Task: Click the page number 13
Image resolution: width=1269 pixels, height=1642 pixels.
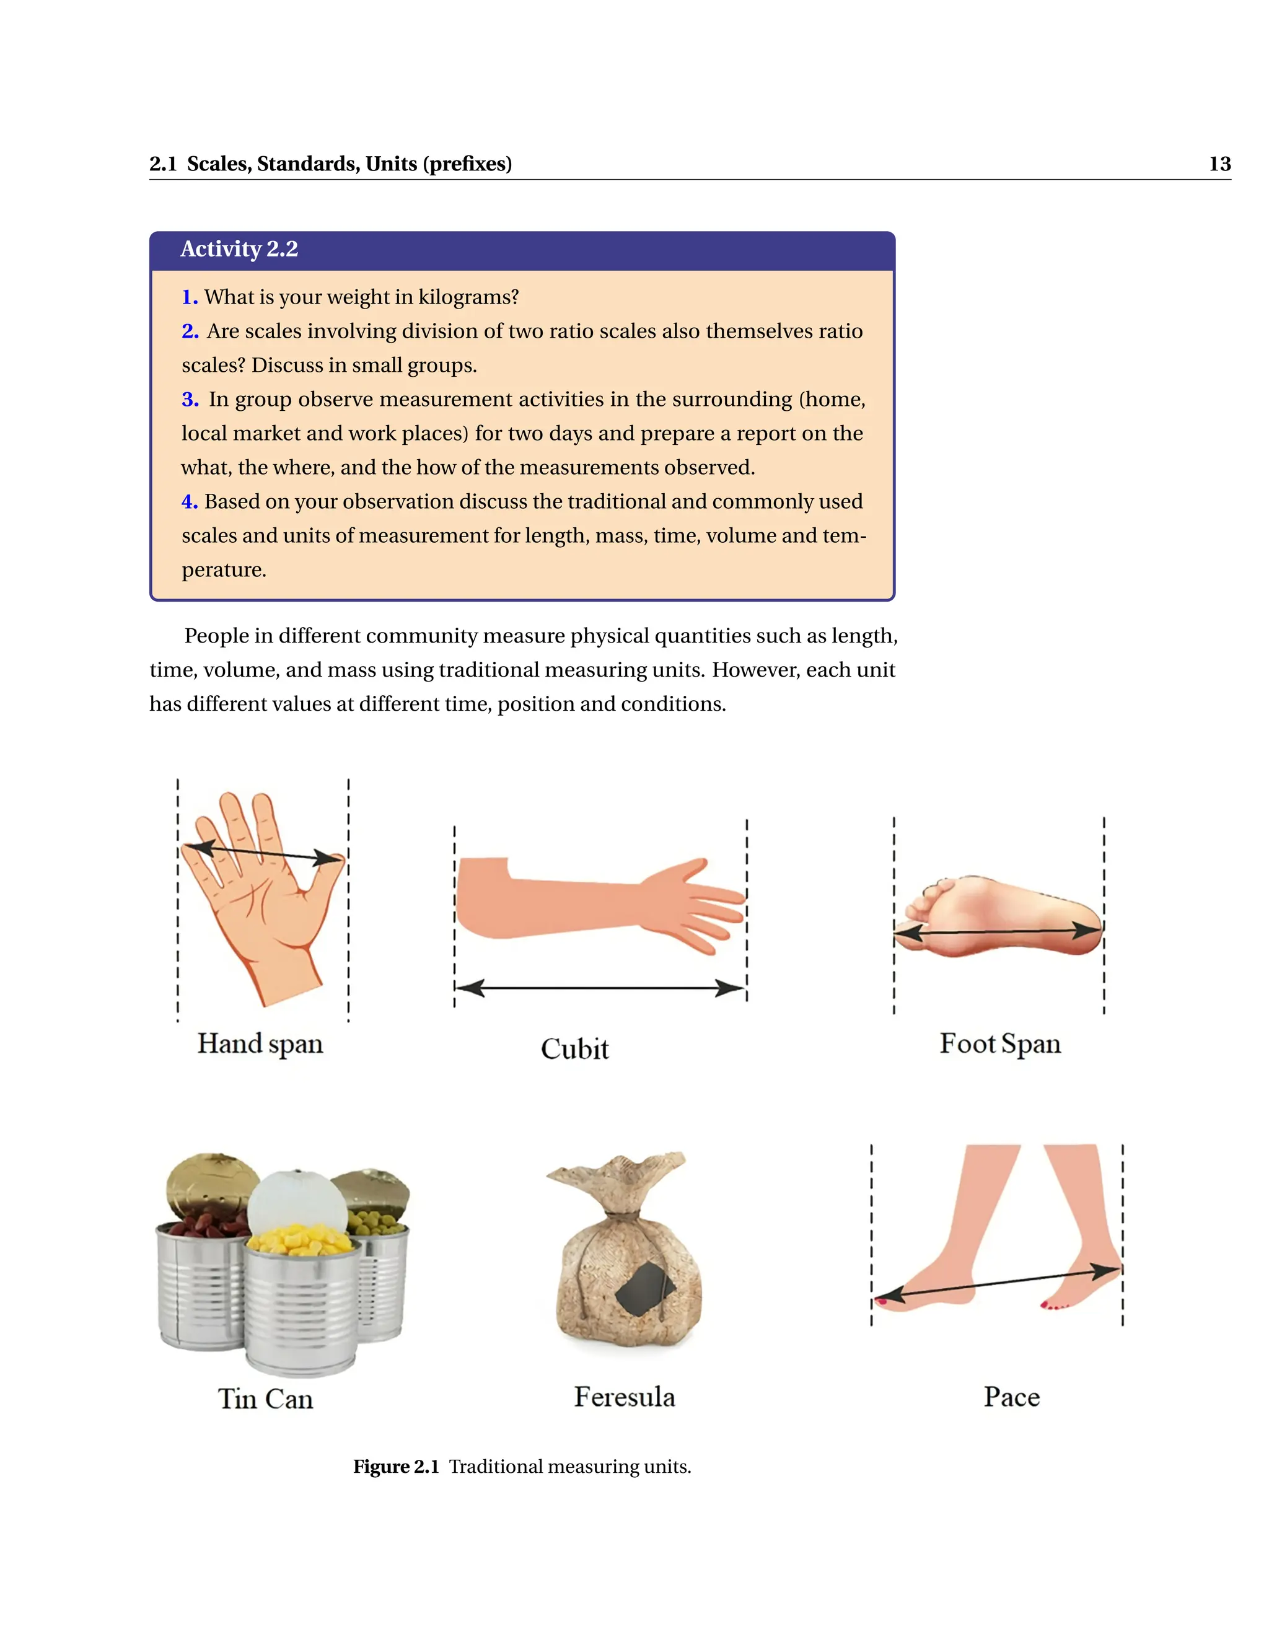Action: [1219, 164]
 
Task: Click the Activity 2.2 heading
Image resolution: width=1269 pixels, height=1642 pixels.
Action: [239, 249]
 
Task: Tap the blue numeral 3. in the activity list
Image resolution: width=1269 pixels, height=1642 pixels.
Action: [190, 399]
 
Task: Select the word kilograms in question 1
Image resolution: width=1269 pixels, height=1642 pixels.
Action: [468, 297]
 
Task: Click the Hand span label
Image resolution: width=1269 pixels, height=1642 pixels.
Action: [260, 1043]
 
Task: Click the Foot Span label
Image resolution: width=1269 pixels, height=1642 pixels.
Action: [1000, 1043]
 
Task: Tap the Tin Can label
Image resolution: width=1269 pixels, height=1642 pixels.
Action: [265, 1399]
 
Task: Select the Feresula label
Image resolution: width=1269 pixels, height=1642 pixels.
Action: [624, 1397]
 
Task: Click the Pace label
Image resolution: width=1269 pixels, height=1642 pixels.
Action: [1011, 1397]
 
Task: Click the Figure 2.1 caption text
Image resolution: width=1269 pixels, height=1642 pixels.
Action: [522, 1467]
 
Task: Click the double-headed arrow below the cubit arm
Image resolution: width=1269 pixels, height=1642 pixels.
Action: [600, 988]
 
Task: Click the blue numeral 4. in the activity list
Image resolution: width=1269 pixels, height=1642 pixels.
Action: [190, 501]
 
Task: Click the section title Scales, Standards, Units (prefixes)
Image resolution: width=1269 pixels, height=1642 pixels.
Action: [349, 164]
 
